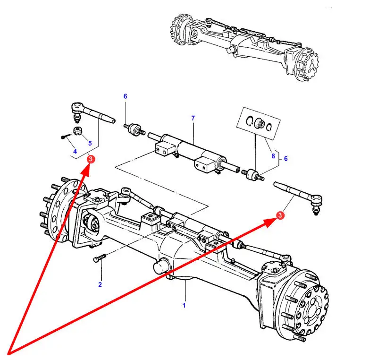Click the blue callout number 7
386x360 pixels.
click(193, 118)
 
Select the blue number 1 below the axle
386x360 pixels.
click(184, 305)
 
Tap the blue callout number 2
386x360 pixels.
click(100, 284)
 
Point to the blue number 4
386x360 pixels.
click(75, 151)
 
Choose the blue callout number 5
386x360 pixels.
click(90, 143)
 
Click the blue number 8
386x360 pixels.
click(273, 156)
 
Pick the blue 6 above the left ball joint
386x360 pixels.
click(126, 96)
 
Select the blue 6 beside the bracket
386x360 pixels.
click(286, 159)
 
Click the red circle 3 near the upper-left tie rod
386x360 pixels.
click(91, 159)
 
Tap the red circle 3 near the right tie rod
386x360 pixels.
click(280, 215)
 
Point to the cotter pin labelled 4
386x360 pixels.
click(66, 136)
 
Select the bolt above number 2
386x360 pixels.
click(100, 258)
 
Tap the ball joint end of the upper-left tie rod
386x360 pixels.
click(76, 111)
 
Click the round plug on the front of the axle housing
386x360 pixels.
click(160, 266)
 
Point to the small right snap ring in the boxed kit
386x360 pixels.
click(269, 127)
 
